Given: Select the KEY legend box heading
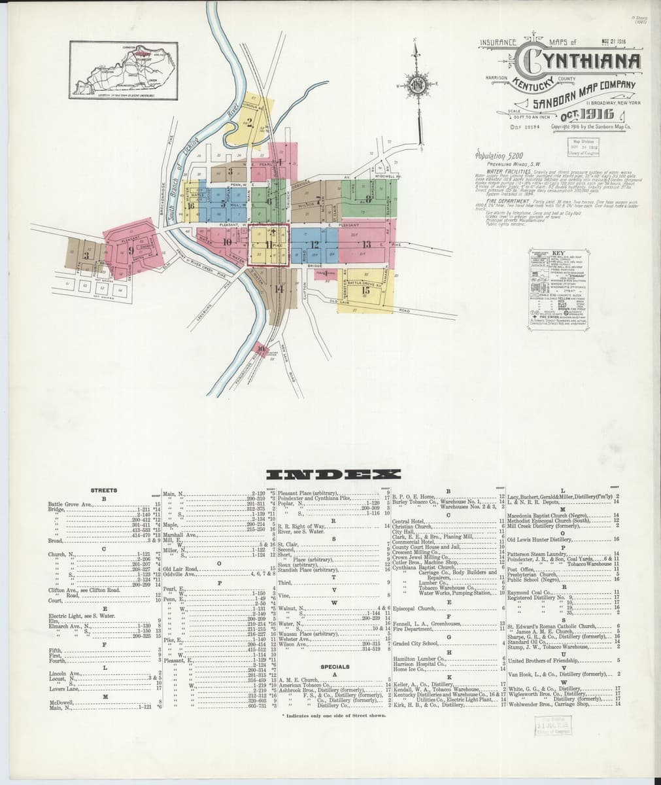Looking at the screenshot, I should pos(557,253).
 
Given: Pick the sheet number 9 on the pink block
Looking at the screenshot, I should pos(131,249).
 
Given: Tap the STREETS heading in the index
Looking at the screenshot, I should pos(104,490).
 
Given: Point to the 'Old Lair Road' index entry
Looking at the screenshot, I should pos(182,568).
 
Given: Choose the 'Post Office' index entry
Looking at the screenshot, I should pos(517,569).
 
